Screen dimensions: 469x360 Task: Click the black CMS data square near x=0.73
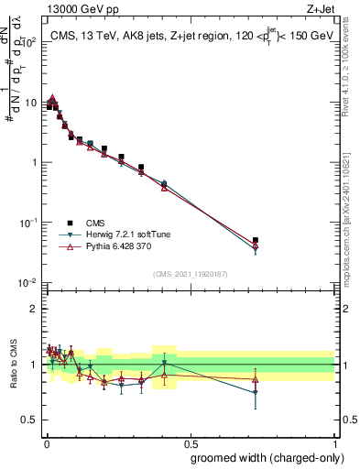256,240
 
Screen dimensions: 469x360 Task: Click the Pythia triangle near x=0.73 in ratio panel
256,378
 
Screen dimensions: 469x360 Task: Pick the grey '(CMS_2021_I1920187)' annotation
190,274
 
